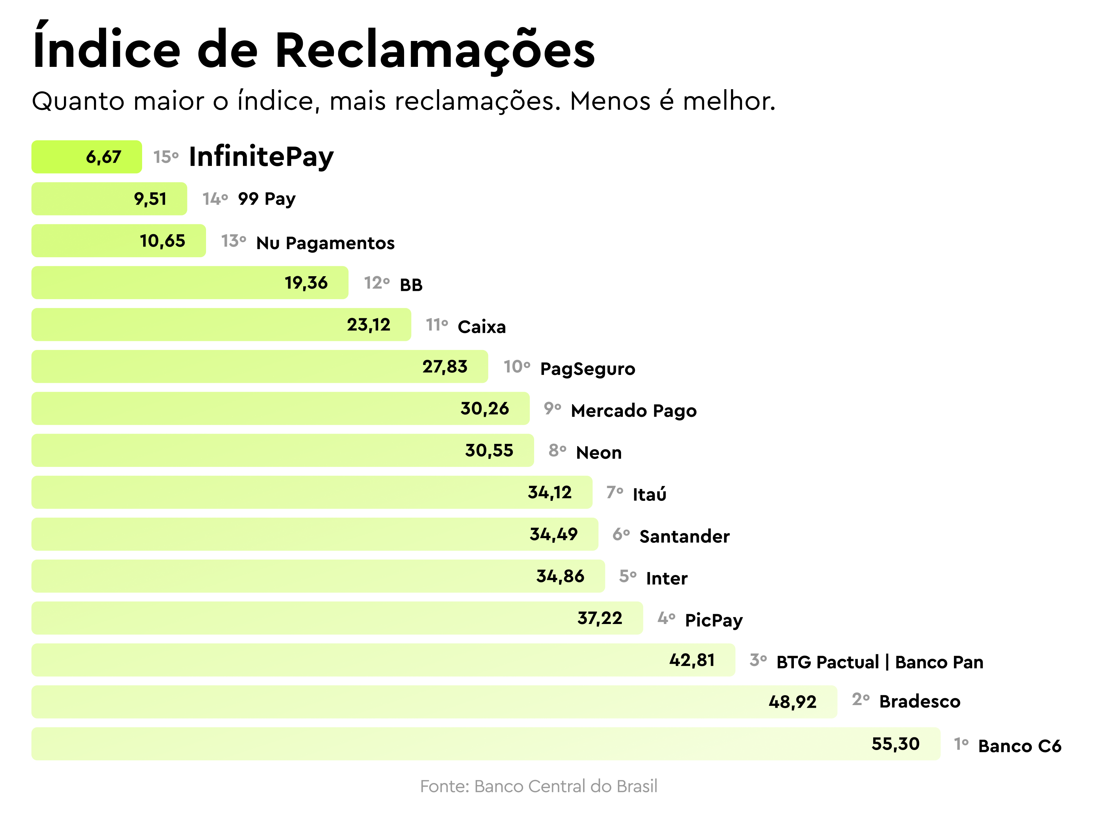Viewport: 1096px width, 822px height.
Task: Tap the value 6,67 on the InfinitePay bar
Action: click(x=103, y=157)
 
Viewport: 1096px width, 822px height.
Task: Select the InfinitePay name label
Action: click(x=261, y=157)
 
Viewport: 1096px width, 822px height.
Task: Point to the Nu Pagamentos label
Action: click(x=325, y=243)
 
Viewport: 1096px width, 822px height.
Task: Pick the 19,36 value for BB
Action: click(x=306, y=283)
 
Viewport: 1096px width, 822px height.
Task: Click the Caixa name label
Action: click(x=482, y=327)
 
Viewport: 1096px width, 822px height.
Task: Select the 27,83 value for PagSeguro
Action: click(x=445, y=367)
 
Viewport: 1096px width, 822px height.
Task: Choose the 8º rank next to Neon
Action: click(x=557, y=450)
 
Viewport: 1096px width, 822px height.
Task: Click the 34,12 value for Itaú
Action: click(x=549, y=492)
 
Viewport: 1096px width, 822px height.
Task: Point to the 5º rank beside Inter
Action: click(x=627, y=576)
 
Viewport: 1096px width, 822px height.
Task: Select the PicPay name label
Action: click(x=713, y=620)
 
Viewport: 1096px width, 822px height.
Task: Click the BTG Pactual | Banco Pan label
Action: click(x=879, y=662)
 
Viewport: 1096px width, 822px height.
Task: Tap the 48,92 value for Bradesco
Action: click(x=792, y=702)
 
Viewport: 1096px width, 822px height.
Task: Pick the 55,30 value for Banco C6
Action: click(x=895, y=744)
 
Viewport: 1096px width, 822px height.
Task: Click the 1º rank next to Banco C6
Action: click(x=961, y=744)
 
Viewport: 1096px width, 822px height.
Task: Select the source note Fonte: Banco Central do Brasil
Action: click(x=539, y=786)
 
